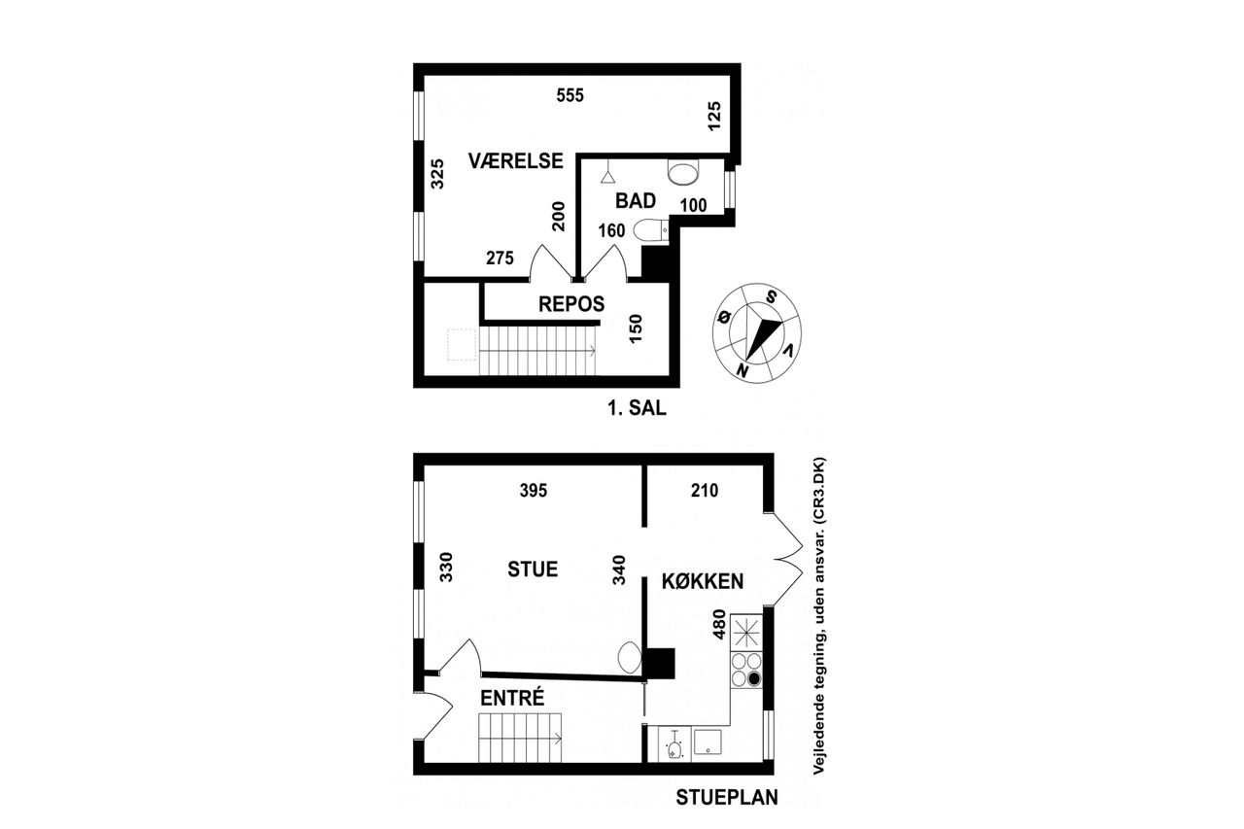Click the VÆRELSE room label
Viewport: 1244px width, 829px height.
coord(515,161)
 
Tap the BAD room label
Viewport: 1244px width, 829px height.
coord(636,200)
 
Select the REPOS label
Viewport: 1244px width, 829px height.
coord(571,304)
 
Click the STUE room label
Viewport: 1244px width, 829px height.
coord(533,570)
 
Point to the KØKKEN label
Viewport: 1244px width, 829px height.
coord(703,581)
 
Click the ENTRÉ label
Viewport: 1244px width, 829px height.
coord(512,698)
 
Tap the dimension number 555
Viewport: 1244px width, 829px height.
coord(570,95)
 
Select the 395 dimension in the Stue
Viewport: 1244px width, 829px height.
coord(534,490)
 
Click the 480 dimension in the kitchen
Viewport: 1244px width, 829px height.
coord(719,625)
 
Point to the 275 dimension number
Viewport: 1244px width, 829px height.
coord(500,259)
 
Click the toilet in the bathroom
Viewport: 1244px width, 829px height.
coord(650,231)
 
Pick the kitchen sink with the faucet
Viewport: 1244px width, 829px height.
coord(674,745)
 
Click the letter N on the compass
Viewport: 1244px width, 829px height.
coord(741,370)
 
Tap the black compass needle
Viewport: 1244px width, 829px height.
coord(763,340)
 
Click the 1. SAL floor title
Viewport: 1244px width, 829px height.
coord(637,409)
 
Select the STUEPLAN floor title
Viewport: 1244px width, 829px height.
coord(727,797)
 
